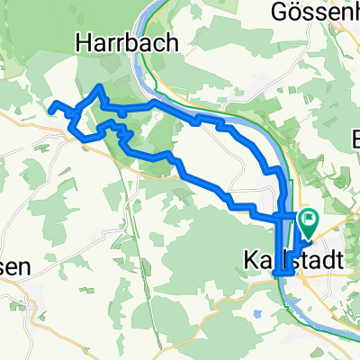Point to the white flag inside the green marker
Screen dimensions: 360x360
point(308,218)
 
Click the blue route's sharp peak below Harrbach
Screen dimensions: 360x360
point(100,86)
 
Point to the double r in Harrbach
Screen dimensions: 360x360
point(114,42)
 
